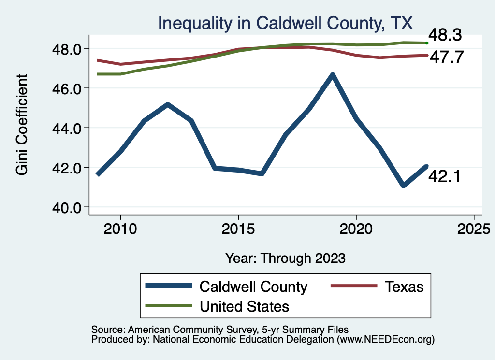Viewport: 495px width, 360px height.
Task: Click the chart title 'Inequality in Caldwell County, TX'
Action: [285, 23]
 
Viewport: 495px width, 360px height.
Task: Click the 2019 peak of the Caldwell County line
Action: [333, 75]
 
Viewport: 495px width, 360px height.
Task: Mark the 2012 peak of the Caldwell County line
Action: [167, 104]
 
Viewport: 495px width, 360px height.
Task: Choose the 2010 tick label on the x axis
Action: [120, 228]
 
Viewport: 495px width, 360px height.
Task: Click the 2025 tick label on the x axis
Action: [474, 228]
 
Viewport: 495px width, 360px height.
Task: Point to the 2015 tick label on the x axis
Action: [238, 228]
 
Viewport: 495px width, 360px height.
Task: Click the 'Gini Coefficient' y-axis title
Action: [22, 124]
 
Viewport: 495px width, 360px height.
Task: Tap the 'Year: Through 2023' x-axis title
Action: [286, 258]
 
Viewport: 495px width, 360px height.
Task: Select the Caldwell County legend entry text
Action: [253, 287]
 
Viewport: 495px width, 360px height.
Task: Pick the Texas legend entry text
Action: [404, 287]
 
